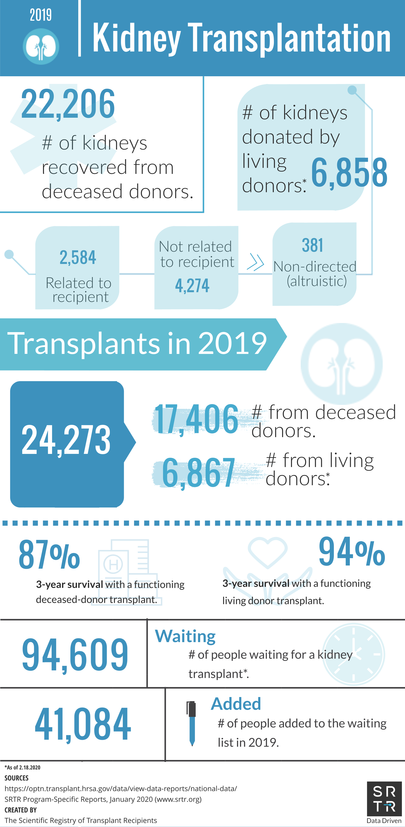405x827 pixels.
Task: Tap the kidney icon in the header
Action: coord(41,47)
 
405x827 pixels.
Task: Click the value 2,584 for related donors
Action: coord(78,257)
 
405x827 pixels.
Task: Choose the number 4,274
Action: coord(192,285)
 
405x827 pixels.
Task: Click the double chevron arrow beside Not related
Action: coord(255,262)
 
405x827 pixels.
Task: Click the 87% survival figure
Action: coord(49,554)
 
